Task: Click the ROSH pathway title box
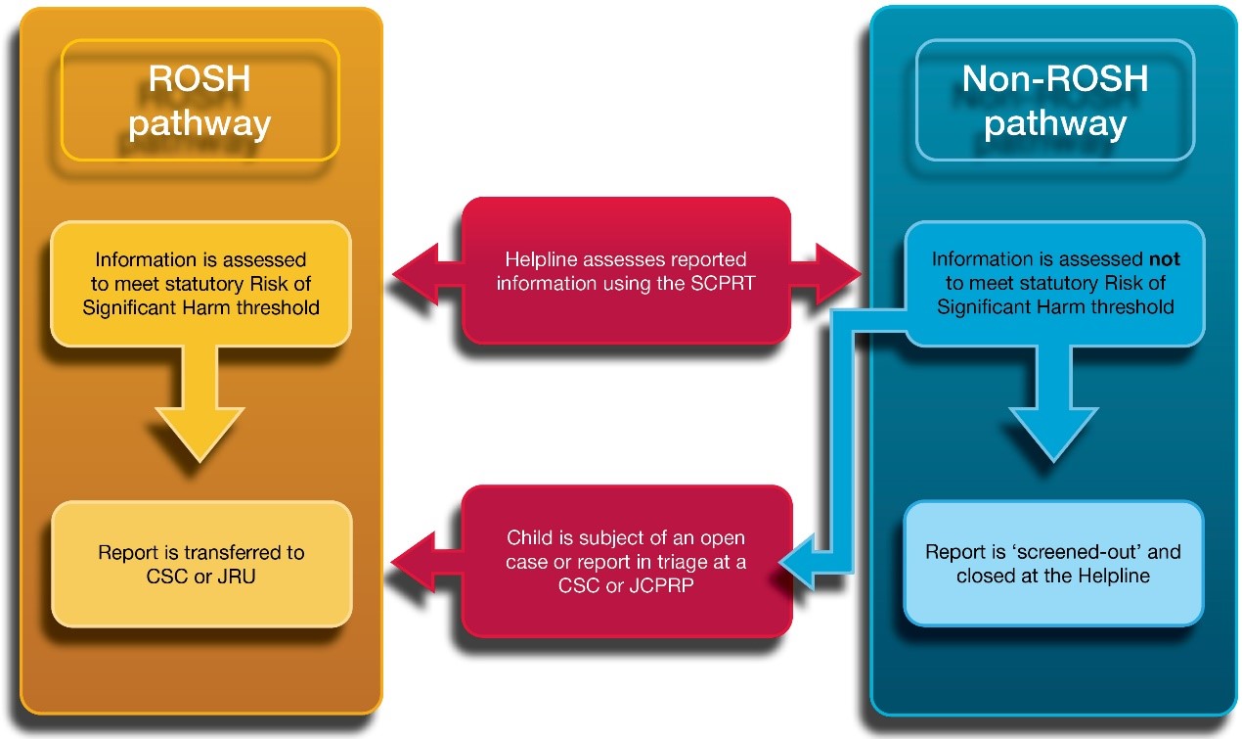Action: click(x=200, y=101)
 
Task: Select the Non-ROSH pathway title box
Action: click(x=1054, y=101)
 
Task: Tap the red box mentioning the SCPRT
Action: click(x=626, y=272)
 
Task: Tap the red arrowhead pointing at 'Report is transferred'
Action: click(x=416, y=563)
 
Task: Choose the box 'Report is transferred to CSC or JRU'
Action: click(x=200, y=564)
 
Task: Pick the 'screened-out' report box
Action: click(x=1053, y=564)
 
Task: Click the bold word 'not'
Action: click(x=1164, y=259)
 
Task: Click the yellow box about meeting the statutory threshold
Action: click(x=200, y=284)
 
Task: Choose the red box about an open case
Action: click(x=626, y=562)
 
